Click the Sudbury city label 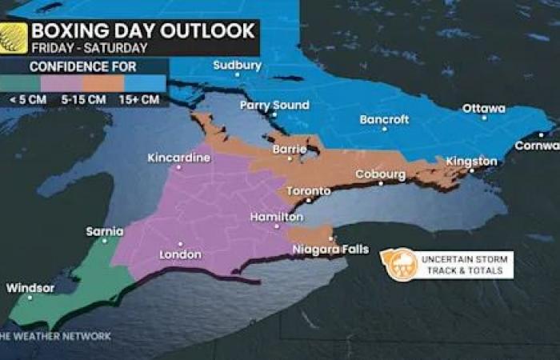coord(237,66)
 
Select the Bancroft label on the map coord(384,120)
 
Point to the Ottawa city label coord(484,109)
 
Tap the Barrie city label coord(290,149)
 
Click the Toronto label coord(308,191)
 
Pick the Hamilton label coord(276,217)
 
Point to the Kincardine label coord(179,158)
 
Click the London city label coord(181,254)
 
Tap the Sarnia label coord(105,232)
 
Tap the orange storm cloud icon coord(398,265)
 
